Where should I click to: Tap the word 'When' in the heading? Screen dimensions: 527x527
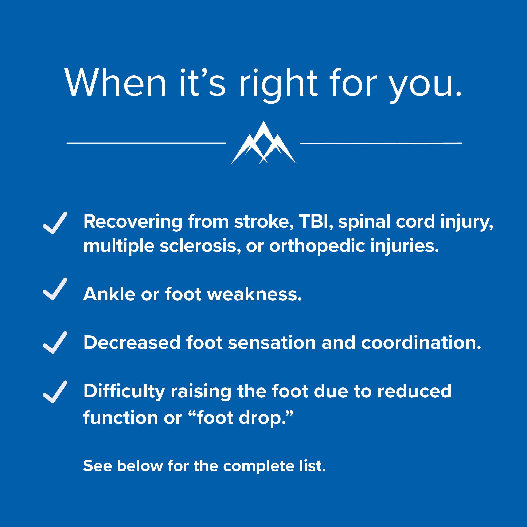pyautogui.click(x=115, y=83)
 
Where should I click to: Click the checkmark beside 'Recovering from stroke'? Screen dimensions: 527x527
pyautogui.click(x=55, y=223)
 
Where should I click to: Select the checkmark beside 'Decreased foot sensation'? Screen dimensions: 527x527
pyautogui.click(x=55, y=343)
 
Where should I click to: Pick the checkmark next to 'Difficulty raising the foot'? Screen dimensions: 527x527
pyautogui.click(x=55, y=392)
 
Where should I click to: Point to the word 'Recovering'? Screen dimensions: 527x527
pyautogui.click(x=133, y=222)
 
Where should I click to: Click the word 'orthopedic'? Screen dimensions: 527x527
pyautogui.click(x=317, y=247)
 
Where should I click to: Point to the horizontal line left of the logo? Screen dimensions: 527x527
pyautogui.click(x=146, y=143)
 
